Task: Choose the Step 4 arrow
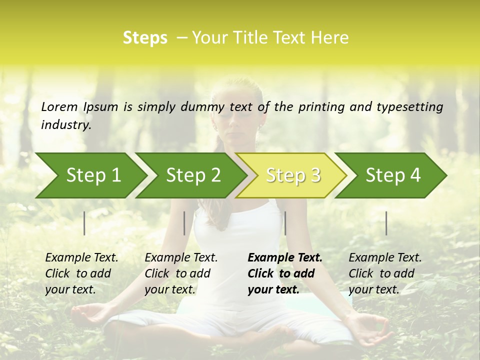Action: pyautogui.click(x=392, y=175)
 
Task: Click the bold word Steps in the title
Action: pyautogui.click(x=145, y=38)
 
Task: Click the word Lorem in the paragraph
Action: pyautogui.click(x=59, y=106)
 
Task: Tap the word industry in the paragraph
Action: pyautogui.click(x=66, y=124)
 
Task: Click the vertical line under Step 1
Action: pyautogui.click(x=84, y=223)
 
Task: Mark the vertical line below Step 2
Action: pyautogui.click(x=184, y=223)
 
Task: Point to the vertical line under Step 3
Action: pyautogui.click(x=285, y=223)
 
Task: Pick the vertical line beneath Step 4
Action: pyautogui.click(x=386, y=223)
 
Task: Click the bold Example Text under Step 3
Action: pyautogui.click(x=285, y=258)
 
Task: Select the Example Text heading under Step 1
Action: pyautogui.click(x=81, y=258)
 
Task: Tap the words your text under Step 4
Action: pyautogui.click(x=373, y=289)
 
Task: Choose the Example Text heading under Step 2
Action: pyautogui.click(x=181, y=258)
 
